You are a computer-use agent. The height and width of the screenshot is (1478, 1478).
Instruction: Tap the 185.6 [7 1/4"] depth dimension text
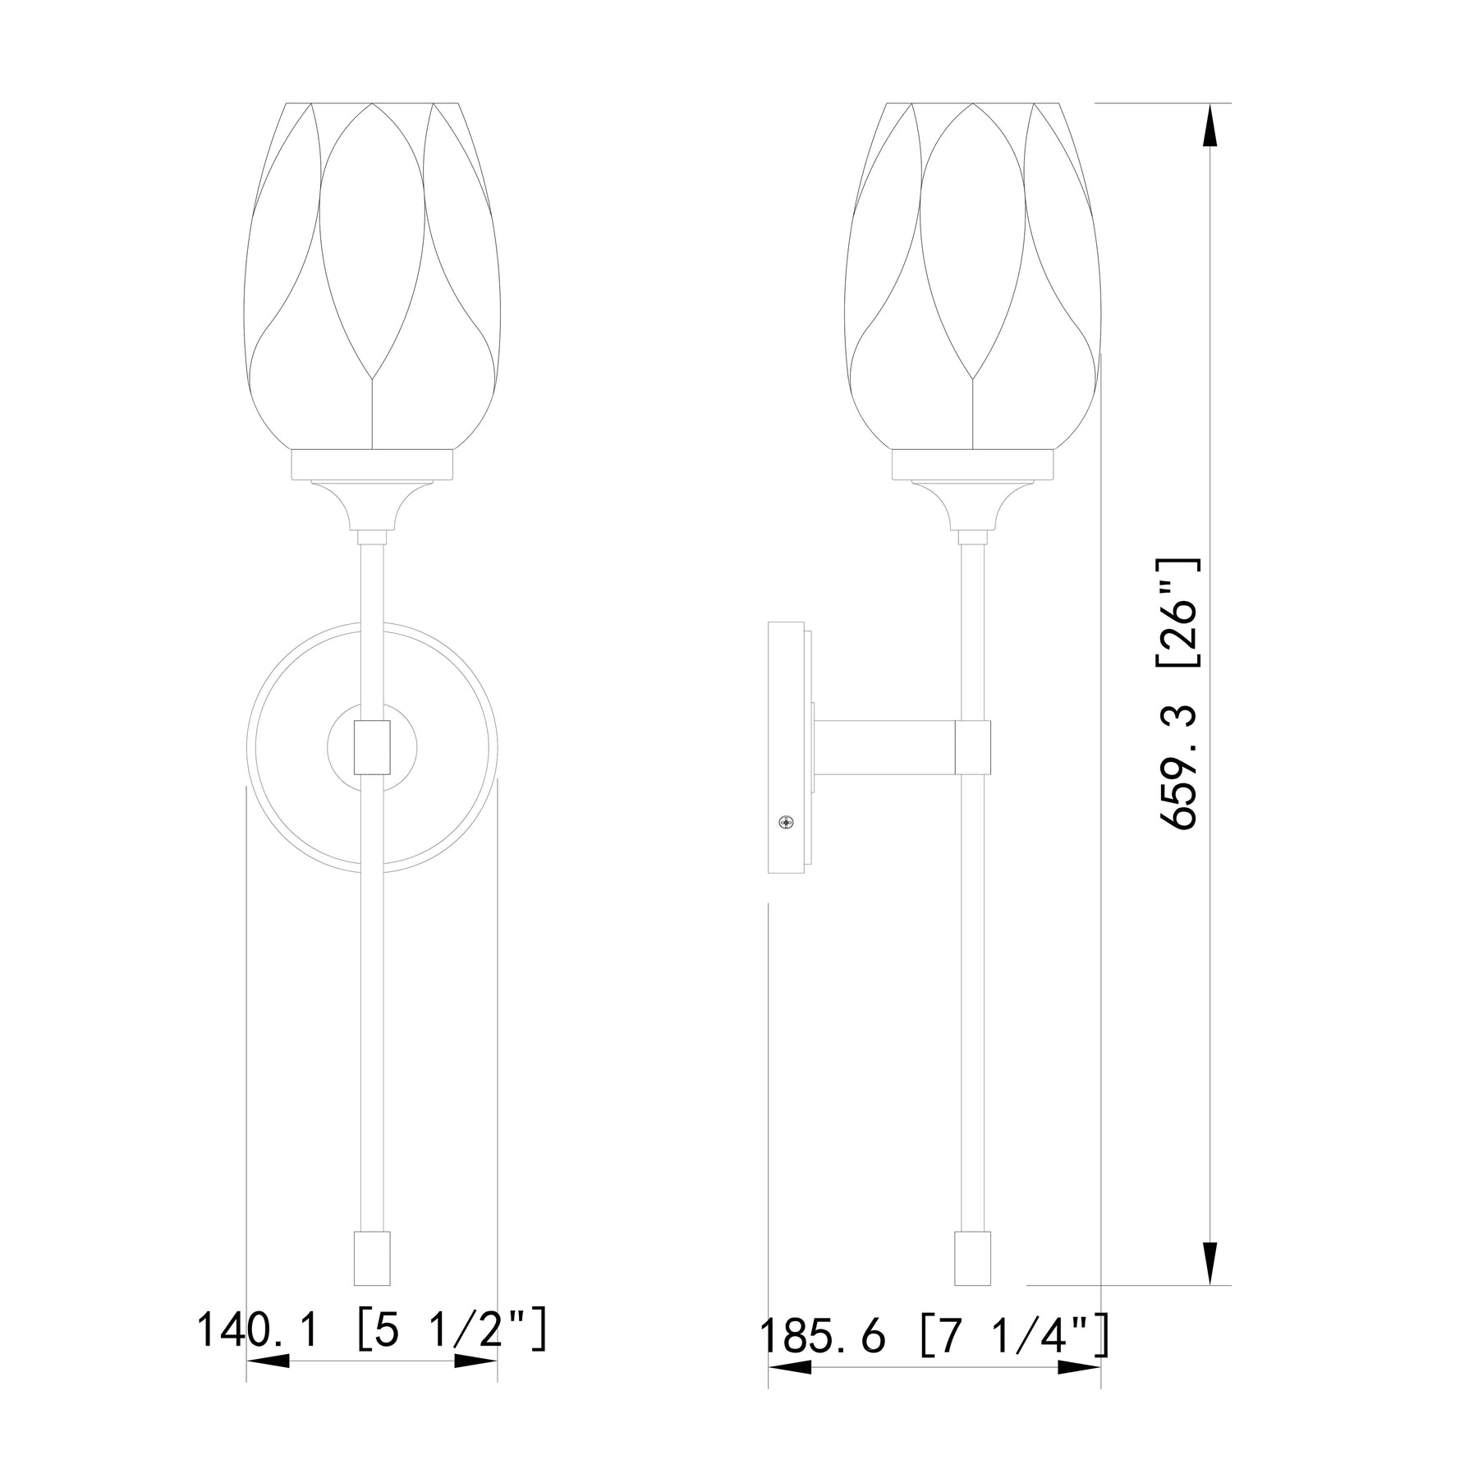935,1337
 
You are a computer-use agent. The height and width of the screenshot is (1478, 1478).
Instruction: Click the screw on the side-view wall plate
787,821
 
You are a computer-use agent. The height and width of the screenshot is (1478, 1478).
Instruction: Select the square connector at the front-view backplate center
372,746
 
